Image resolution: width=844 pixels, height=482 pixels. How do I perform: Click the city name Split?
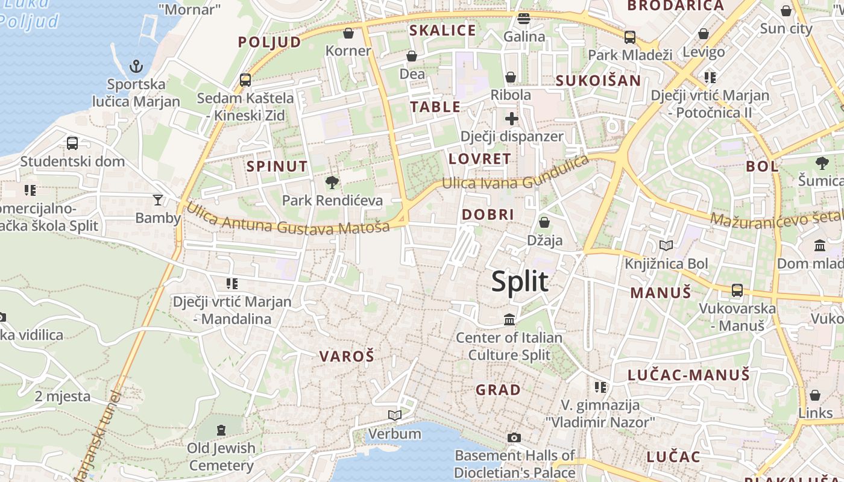[x=520, y=282]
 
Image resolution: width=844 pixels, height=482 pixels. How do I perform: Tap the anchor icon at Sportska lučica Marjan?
[x=137, y=66]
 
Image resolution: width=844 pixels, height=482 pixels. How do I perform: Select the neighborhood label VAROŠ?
[x=347, y=356]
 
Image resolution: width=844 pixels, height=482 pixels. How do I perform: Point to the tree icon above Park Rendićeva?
[x=332, y=182]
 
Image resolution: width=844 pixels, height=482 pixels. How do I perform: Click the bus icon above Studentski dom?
[x=72, y=143]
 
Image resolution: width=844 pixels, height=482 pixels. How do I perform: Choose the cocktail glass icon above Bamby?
[x=158, y=199]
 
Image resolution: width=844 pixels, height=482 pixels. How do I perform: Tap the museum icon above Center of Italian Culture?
[x=509, y=319]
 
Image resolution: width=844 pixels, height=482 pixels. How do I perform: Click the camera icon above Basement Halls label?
[x=514, y=437]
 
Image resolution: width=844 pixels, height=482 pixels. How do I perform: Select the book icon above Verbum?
[x=395, y=415]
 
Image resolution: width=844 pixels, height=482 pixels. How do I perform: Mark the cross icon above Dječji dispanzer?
[x=511, y=118]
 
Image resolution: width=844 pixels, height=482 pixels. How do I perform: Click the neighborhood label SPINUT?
[x=277, y=166]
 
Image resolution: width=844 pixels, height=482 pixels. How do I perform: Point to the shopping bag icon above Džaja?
[x=544, y=222]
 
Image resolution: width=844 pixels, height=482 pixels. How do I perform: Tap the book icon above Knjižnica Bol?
[x=666, y=245]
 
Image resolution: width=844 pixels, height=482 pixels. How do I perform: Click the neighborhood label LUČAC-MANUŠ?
[x=688, y=375]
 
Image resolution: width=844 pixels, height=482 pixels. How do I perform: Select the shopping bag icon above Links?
[x=815, y=395]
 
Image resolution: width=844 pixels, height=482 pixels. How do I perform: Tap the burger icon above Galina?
[x=524, y=19]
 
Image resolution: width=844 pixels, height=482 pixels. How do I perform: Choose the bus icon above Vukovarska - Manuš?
[x=737, y=290]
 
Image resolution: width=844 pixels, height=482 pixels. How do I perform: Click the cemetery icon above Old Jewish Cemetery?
[x=221, y=430]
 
